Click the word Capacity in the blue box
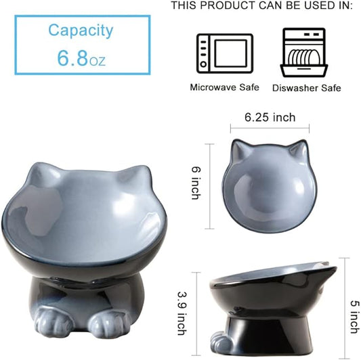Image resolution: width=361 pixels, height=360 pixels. pyautogui.click(x=81, y=30)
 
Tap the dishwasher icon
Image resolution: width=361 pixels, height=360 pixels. pyautogui.click(x=304, y=52)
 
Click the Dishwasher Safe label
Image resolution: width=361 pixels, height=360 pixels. pyautogui.click(x=306, y=88)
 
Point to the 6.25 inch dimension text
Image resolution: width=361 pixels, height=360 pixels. pyautogui.click(x=270, y=118)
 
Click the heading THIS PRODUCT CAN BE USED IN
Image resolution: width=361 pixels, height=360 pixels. pyautogui.click(x=261, y=6)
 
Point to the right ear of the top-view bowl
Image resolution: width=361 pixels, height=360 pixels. pyautogui.click(x=299, y=148)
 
